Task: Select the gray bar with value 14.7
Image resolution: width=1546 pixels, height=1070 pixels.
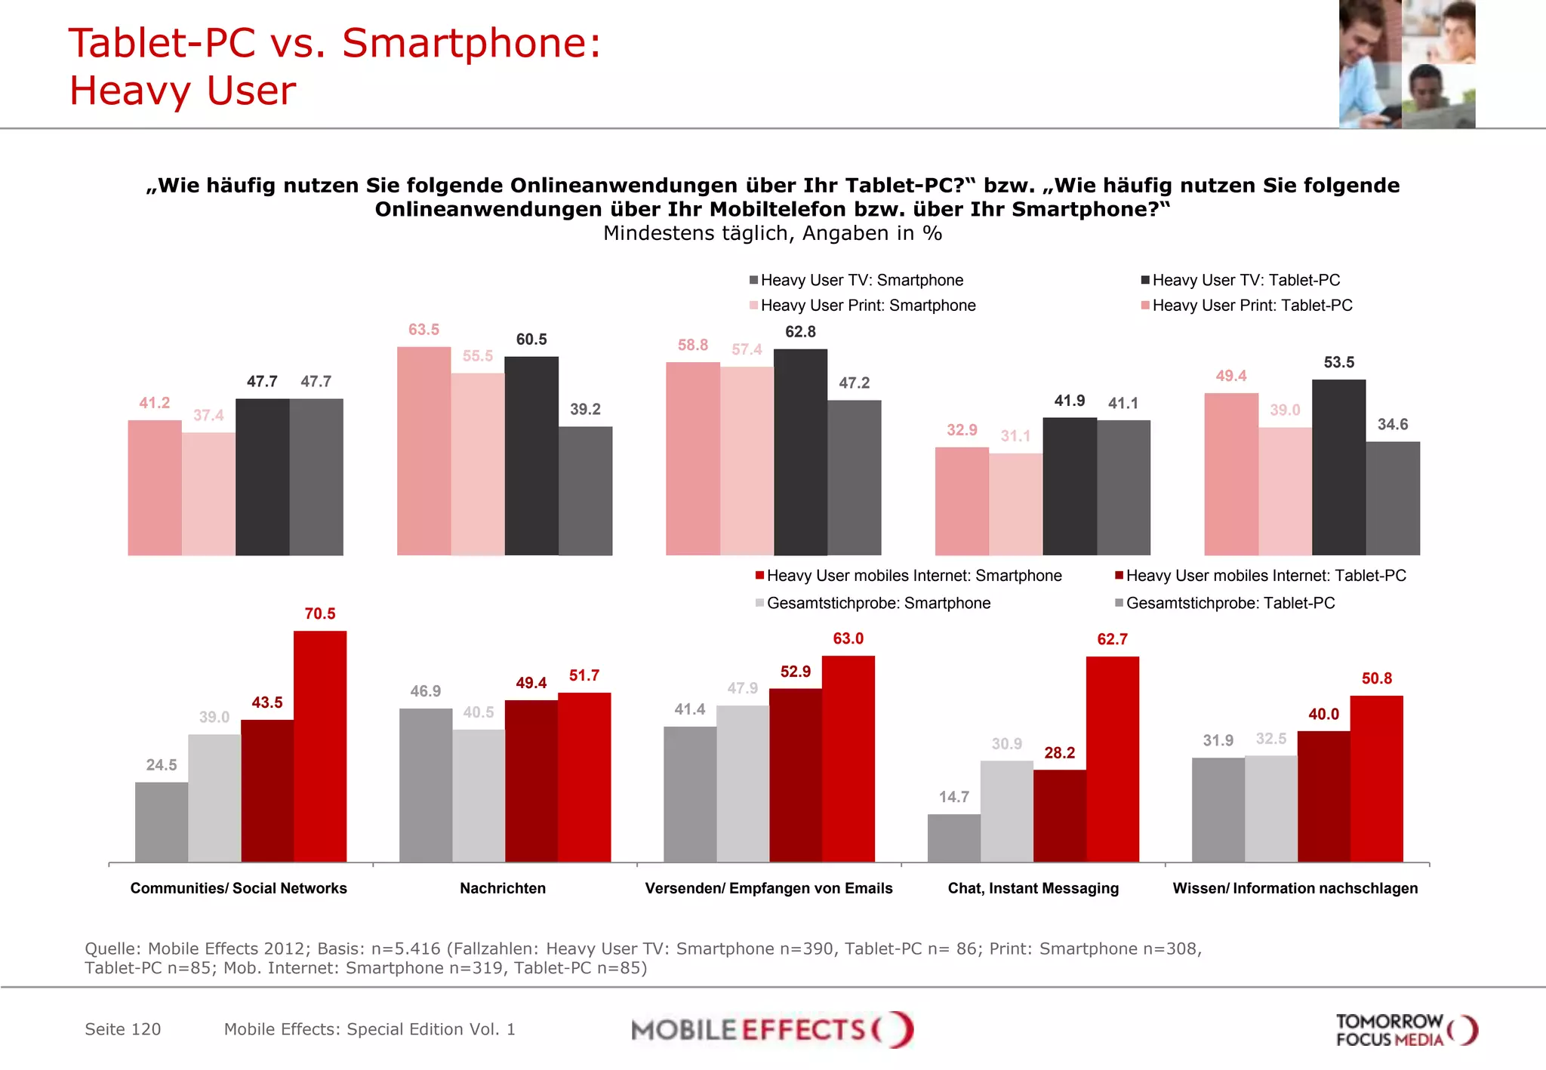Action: pos(953,838)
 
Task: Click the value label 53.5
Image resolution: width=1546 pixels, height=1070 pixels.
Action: pos(1338,362)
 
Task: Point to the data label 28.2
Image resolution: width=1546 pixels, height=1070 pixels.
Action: pos(1059,752)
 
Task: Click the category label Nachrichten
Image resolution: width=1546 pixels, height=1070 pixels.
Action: pos(503,888)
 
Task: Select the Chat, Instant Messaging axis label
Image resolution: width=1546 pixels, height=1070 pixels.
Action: pos(1033,888)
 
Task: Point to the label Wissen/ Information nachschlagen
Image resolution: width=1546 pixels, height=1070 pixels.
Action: pos(1295,888)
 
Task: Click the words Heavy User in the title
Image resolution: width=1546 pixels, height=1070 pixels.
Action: pos(183,91)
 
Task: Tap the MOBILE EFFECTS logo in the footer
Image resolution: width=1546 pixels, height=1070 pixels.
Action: pos(771,1029)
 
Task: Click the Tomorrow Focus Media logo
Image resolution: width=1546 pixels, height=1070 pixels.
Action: pos(1406,1030)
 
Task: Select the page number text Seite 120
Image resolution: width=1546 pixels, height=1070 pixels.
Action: pos(123,1029)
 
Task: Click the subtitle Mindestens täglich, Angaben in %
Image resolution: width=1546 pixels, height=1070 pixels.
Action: pos(772,233)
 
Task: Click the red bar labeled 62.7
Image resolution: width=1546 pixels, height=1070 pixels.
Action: pos(1112,758)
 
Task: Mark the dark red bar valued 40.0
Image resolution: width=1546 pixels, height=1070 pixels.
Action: pos(1323,796)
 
